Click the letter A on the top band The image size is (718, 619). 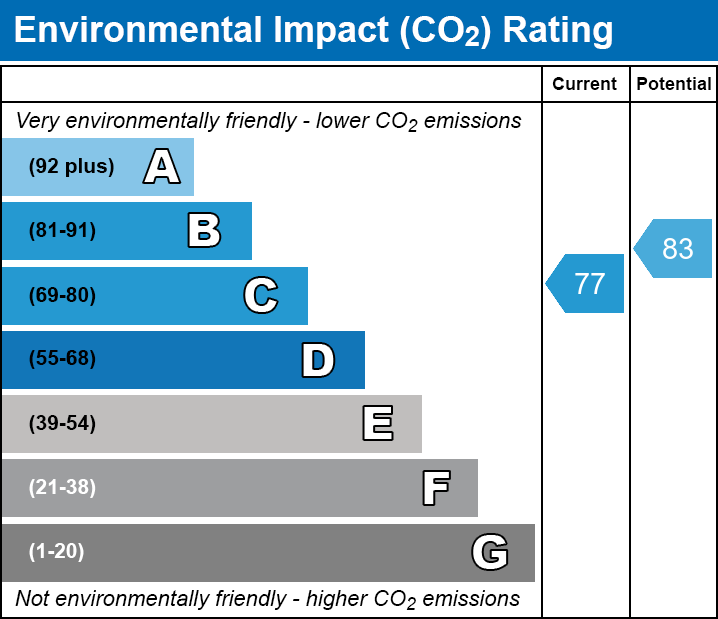(161, 167)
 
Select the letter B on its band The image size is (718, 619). (204, 231)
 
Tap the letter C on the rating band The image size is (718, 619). (260, 296)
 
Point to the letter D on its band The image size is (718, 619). (318, 360)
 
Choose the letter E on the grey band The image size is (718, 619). (377, 424)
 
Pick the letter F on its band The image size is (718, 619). (435, 488)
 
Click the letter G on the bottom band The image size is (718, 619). (490, 552)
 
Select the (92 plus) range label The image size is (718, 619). (71, 167)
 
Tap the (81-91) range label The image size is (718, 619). (62, 231)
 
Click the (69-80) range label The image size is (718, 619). (62, 296)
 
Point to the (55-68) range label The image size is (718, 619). (62, 359)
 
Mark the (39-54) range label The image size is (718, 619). (62, 424)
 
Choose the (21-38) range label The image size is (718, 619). (62, 488)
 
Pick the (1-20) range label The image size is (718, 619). (57, 552)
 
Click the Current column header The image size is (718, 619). (585, 85)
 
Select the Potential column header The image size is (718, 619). (674, 85)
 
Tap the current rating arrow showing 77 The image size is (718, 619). (587, 283)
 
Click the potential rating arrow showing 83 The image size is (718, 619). (675, 248)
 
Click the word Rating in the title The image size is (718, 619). (558, 31)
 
